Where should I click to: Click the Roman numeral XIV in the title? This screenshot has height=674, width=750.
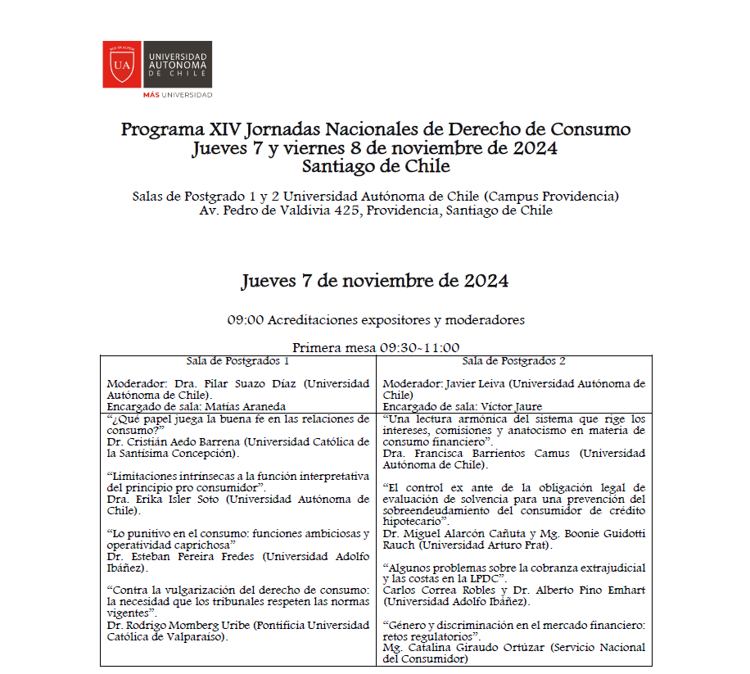click(226, 130)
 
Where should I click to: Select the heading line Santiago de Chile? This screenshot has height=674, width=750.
click(376, 167)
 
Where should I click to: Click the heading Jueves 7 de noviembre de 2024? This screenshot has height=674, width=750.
click(375, 281)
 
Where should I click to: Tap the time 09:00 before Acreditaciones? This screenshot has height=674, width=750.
click(245, 320)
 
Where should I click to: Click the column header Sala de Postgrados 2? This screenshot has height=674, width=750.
click(514, 360)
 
